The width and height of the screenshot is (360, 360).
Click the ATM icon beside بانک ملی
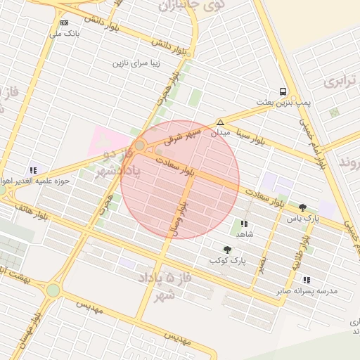click(64, 22)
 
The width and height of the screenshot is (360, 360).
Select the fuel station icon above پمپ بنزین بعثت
click(283, 91)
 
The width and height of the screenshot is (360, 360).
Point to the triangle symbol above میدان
click(221, 122)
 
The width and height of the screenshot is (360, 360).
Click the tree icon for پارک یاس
click(303, 207)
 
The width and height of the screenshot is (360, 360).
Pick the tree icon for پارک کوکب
click(226, 250)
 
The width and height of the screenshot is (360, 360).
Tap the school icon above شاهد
click(244, 224)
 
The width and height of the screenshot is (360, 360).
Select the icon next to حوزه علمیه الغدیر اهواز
click(33, 169)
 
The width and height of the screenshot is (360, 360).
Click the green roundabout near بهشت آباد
click(53, 290)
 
